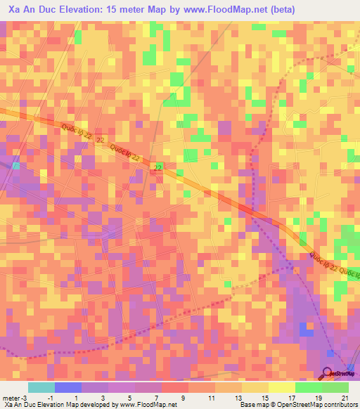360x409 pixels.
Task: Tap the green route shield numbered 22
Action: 158,167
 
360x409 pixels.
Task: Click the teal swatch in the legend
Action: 41,387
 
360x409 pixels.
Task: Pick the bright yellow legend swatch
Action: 282,387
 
